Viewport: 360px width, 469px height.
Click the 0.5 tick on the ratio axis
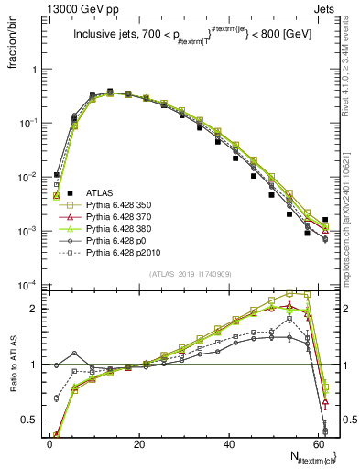pos(30,420)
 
